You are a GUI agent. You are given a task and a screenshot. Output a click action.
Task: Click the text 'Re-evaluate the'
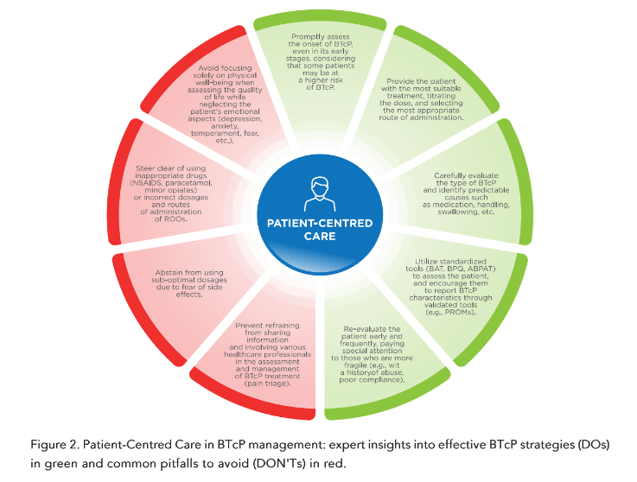[x=369, y=329]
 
